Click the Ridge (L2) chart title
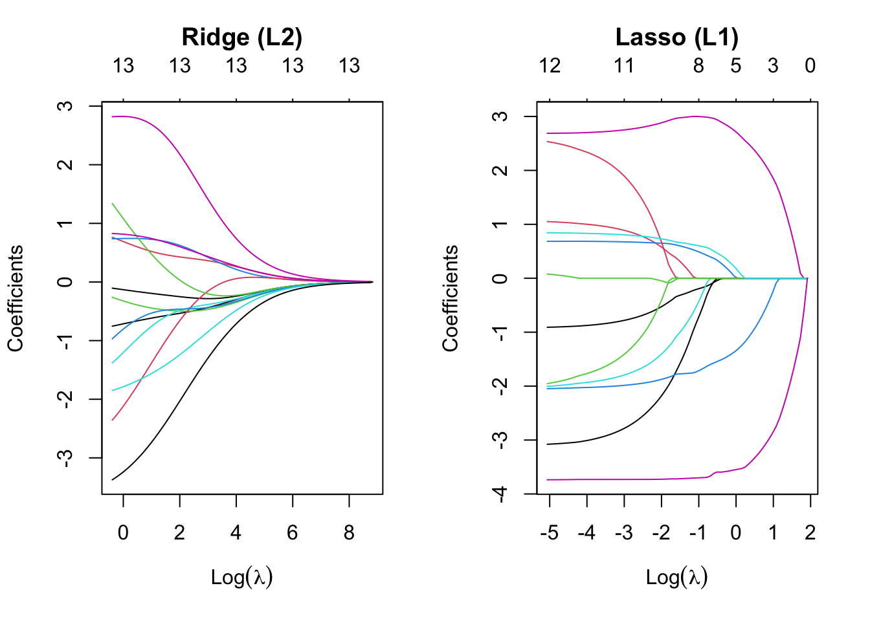click(x=241, y=38)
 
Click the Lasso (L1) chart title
click(x=676, y=38)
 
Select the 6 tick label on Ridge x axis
click(x=293, y=532)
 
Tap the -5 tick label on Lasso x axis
click(x=549, y=532)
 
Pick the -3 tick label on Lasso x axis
click(x=623, y=532)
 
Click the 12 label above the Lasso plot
click(x=550, y=66)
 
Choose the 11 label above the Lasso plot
click(x=624, y=66)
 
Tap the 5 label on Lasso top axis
click(x=736, y=66)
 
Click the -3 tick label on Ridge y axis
click(x=65, y=458)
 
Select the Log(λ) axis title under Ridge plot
click(x=241, y=576)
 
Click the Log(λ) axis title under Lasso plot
click(x=676, y=576)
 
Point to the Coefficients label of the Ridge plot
click(x=16, y=298)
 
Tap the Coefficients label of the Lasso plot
click(x=451, y=298)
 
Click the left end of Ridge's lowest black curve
click(x=113, y=479)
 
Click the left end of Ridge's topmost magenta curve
click(x=113, y=117)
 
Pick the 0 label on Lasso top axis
click(x=810, y=66)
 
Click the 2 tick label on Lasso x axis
click(x=810, y=532)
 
